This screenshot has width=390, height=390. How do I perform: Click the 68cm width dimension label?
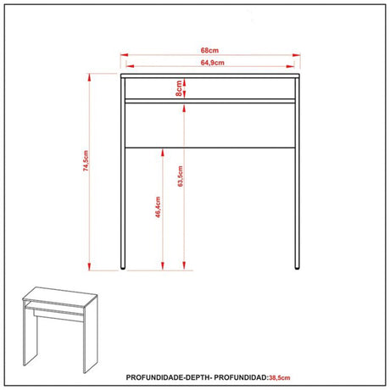point(210,48)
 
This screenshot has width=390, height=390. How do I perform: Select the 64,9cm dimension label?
point(211,62)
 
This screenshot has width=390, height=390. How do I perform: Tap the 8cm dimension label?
point(180,88)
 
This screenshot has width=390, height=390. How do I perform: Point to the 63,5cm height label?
point(180,179)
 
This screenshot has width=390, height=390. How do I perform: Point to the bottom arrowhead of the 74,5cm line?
point(89,268)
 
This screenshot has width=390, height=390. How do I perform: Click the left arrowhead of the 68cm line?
point(120,55)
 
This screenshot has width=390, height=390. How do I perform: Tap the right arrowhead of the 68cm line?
point(301,55)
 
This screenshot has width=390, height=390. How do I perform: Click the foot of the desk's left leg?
point(125,268)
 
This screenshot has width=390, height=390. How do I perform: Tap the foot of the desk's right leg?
point(296,268)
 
